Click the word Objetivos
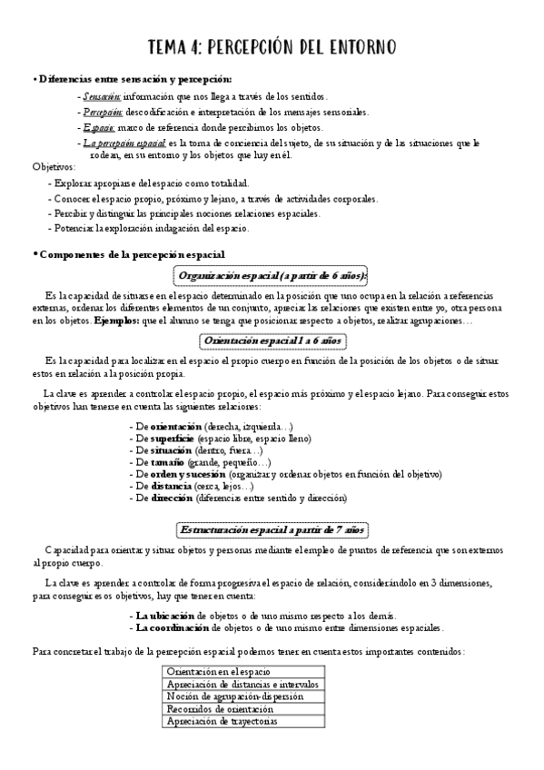click(x=54, y=167)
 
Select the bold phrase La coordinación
click(x=171, y=627)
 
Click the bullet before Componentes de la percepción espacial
click(x=34, y=254)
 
